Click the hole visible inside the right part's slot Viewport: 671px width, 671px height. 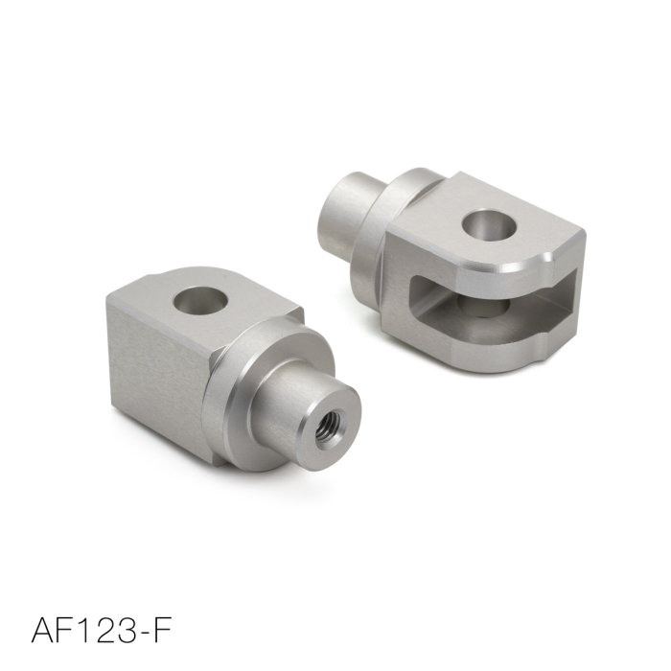click(485, 306)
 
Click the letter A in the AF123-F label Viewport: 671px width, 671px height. click(46, 629)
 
